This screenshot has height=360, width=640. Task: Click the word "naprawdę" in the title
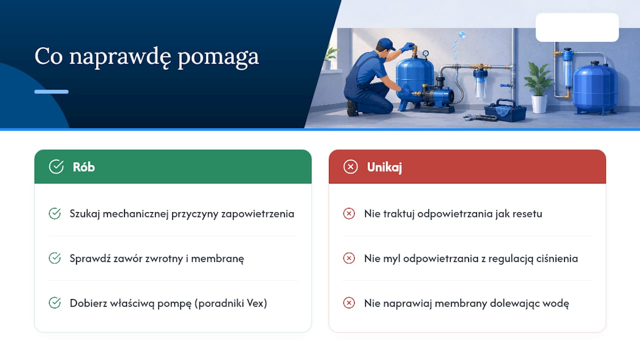pyautogui.click(x=120, y=57)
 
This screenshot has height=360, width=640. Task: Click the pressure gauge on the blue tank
pyautogui.click(x=425, y=53)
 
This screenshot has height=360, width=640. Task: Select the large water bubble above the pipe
pyautogui.click(x=462, y=35)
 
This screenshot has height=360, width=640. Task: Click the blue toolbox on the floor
pyautogui.click(x=505, y=110)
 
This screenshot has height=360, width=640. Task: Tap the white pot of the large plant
pyautogui.click(x=539, y=104)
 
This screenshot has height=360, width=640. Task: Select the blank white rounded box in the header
pyautogui.click(x=577, y=27)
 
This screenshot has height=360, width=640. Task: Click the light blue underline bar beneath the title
pyautogui.click(x=51, y=91)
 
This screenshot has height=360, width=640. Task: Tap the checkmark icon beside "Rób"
pyautogui.click(x=56, y=166)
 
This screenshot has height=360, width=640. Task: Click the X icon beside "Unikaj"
pyautogui.click(x=350, y=166)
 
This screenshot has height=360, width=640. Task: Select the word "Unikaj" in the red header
pyautogui.click(x=384, y=167)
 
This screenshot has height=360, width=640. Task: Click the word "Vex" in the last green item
pyautogui.click(x=256, y=303)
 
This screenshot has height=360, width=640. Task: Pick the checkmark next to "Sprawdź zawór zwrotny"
pyautogui.click(x=54, y=258)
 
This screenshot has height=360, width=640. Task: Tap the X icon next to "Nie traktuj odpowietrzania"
pyautogui.click(x=349, y=213)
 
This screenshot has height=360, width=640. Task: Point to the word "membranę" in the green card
pyautogui.click(x=217, y=259)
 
